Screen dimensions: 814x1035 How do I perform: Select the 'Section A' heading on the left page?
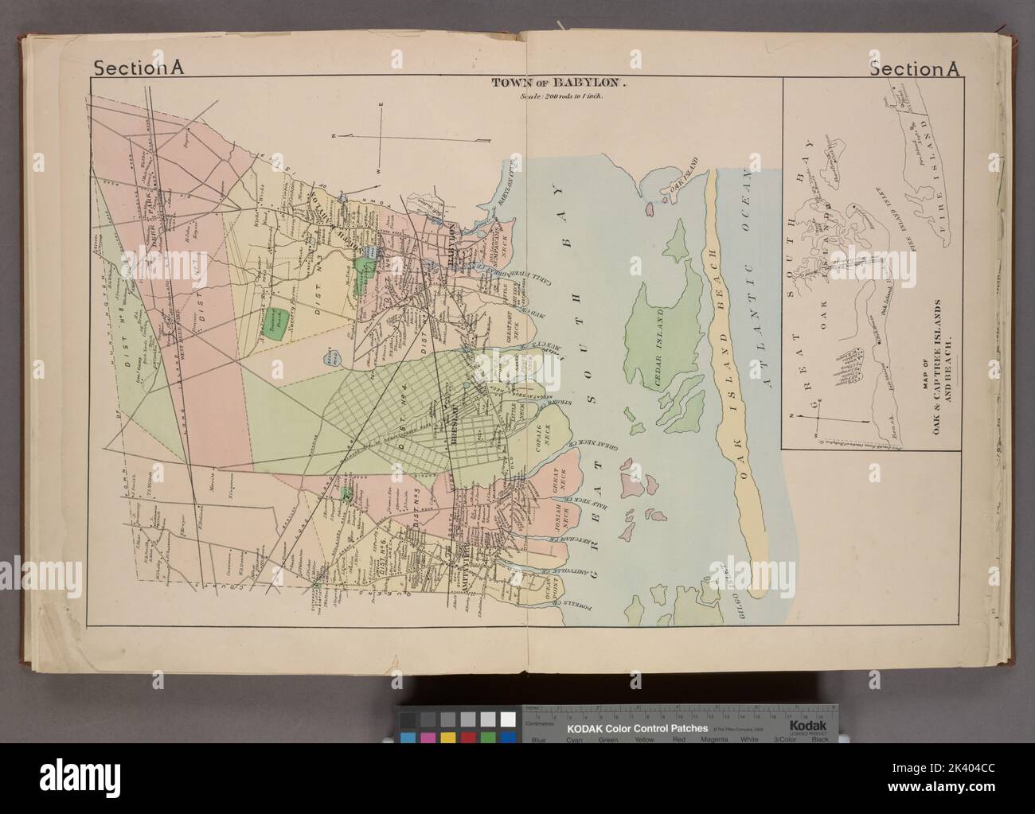(139, 68)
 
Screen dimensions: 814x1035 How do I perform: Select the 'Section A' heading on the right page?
(916, 68)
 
